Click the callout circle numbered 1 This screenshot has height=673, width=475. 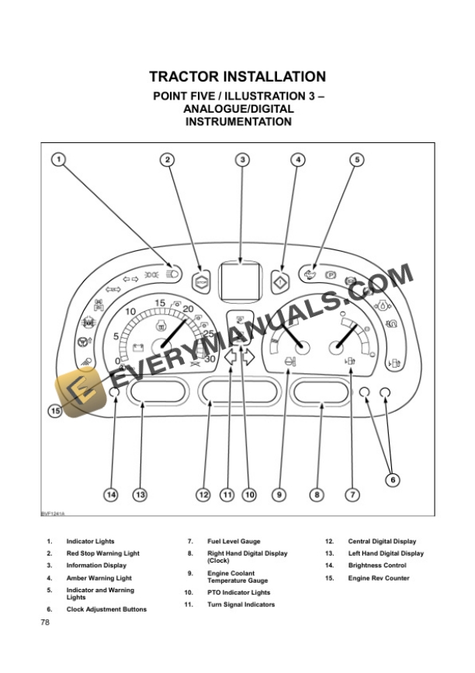click(59, 160)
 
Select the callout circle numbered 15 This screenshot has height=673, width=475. click(55, 411)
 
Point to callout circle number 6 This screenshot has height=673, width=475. click(393, 480)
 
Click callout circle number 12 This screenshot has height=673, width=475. click(203, 494)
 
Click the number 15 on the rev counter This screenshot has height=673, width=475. click(160, 302)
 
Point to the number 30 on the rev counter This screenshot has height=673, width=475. click(210, 359)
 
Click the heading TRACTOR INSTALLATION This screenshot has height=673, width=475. click(237, 77)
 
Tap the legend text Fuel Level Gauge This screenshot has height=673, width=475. click(234, 541)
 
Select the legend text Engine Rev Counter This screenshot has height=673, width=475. click(378, 578)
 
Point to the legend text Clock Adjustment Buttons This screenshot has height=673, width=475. click(106, 609)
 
